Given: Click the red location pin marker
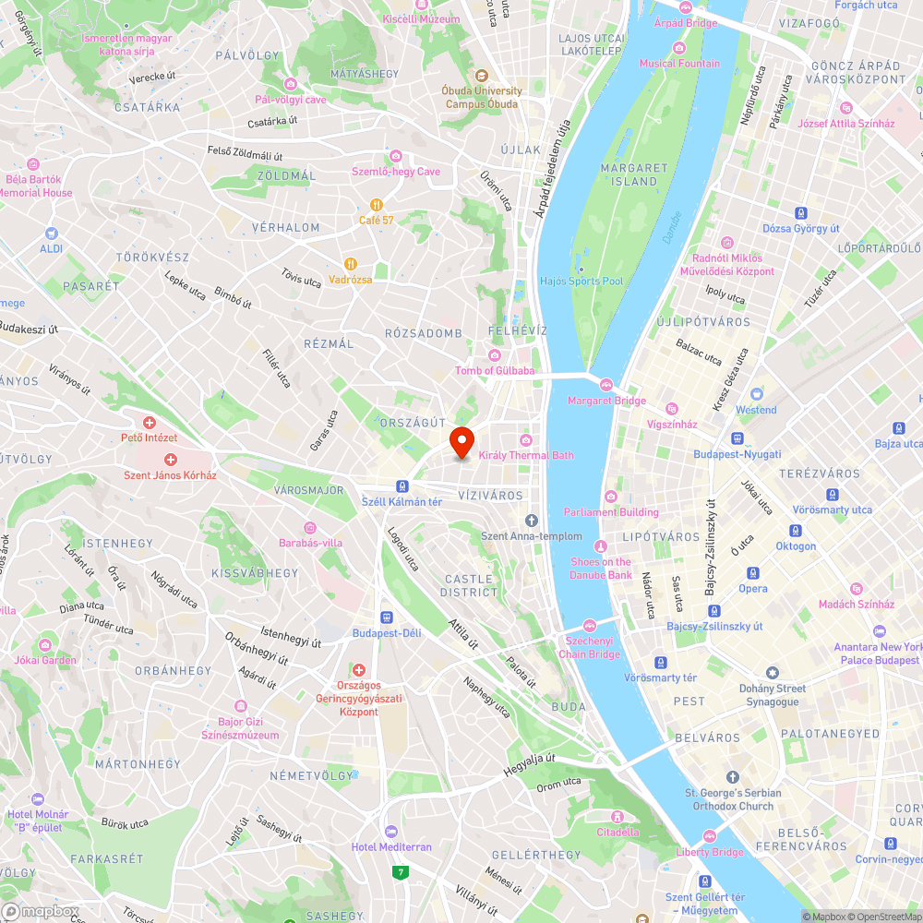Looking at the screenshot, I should click(461, 442).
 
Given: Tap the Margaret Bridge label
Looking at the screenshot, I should click(606, 401).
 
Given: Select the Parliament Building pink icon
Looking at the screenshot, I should click(610, 497).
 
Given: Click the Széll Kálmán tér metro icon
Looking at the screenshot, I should click(402, 486).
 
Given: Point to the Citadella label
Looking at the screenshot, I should click(617, 832).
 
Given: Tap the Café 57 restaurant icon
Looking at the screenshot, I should click(377, 205).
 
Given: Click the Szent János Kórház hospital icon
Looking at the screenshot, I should click(170, 460).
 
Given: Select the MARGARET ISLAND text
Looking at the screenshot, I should click(634, 174).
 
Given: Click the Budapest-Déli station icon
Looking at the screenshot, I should click(387, 617).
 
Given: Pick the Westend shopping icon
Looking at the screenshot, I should click(756, 394).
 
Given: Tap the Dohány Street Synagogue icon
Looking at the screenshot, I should click(773, 673).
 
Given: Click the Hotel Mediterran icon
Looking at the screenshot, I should click(390, 832).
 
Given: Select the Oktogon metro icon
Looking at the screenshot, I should click(796, 531).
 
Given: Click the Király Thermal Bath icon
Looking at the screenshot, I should click(526, 440).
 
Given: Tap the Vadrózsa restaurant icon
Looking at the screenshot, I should click(351, 263).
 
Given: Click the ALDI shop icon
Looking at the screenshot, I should click(50, 234).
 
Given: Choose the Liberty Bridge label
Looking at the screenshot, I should click(709, 852).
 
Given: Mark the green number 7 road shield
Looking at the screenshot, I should click(401, 871).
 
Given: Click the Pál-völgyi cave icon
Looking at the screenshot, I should click(290, 85).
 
